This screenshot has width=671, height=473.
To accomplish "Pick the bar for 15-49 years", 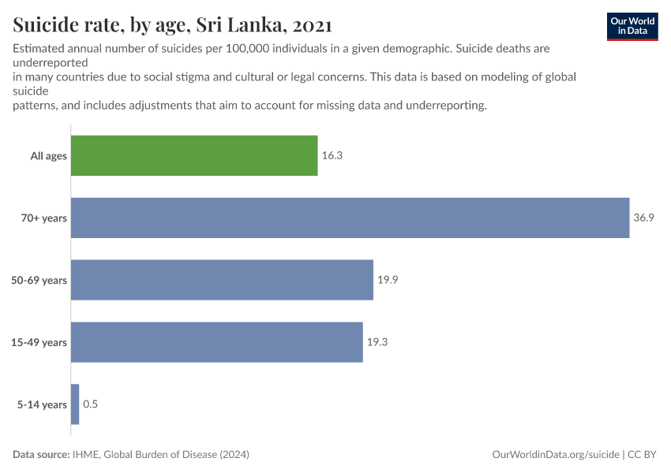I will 216,342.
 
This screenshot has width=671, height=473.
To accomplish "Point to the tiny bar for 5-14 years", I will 75,404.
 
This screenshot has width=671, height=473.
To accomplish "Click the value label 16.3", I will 332,155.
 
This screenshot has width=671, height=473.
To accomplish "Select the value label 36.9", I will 643,218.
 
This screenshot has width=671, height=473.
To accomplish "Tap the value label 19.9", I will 387,280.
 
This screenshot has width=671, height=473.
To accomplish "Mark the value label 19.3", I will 377,342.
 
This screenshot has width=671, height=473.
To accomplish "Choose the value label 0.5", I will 90,404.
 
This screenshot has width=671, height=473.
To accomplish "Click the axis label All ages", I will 49,156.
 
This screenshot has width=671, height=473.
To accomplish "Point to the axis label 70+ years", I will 44,218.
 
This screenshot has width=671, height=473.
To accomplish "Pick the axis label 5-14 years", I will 43,405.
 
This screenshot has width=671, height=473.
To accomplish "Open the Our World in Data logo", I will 632,26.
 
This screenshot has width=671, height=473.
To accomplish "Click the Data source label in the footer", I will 41,455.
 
